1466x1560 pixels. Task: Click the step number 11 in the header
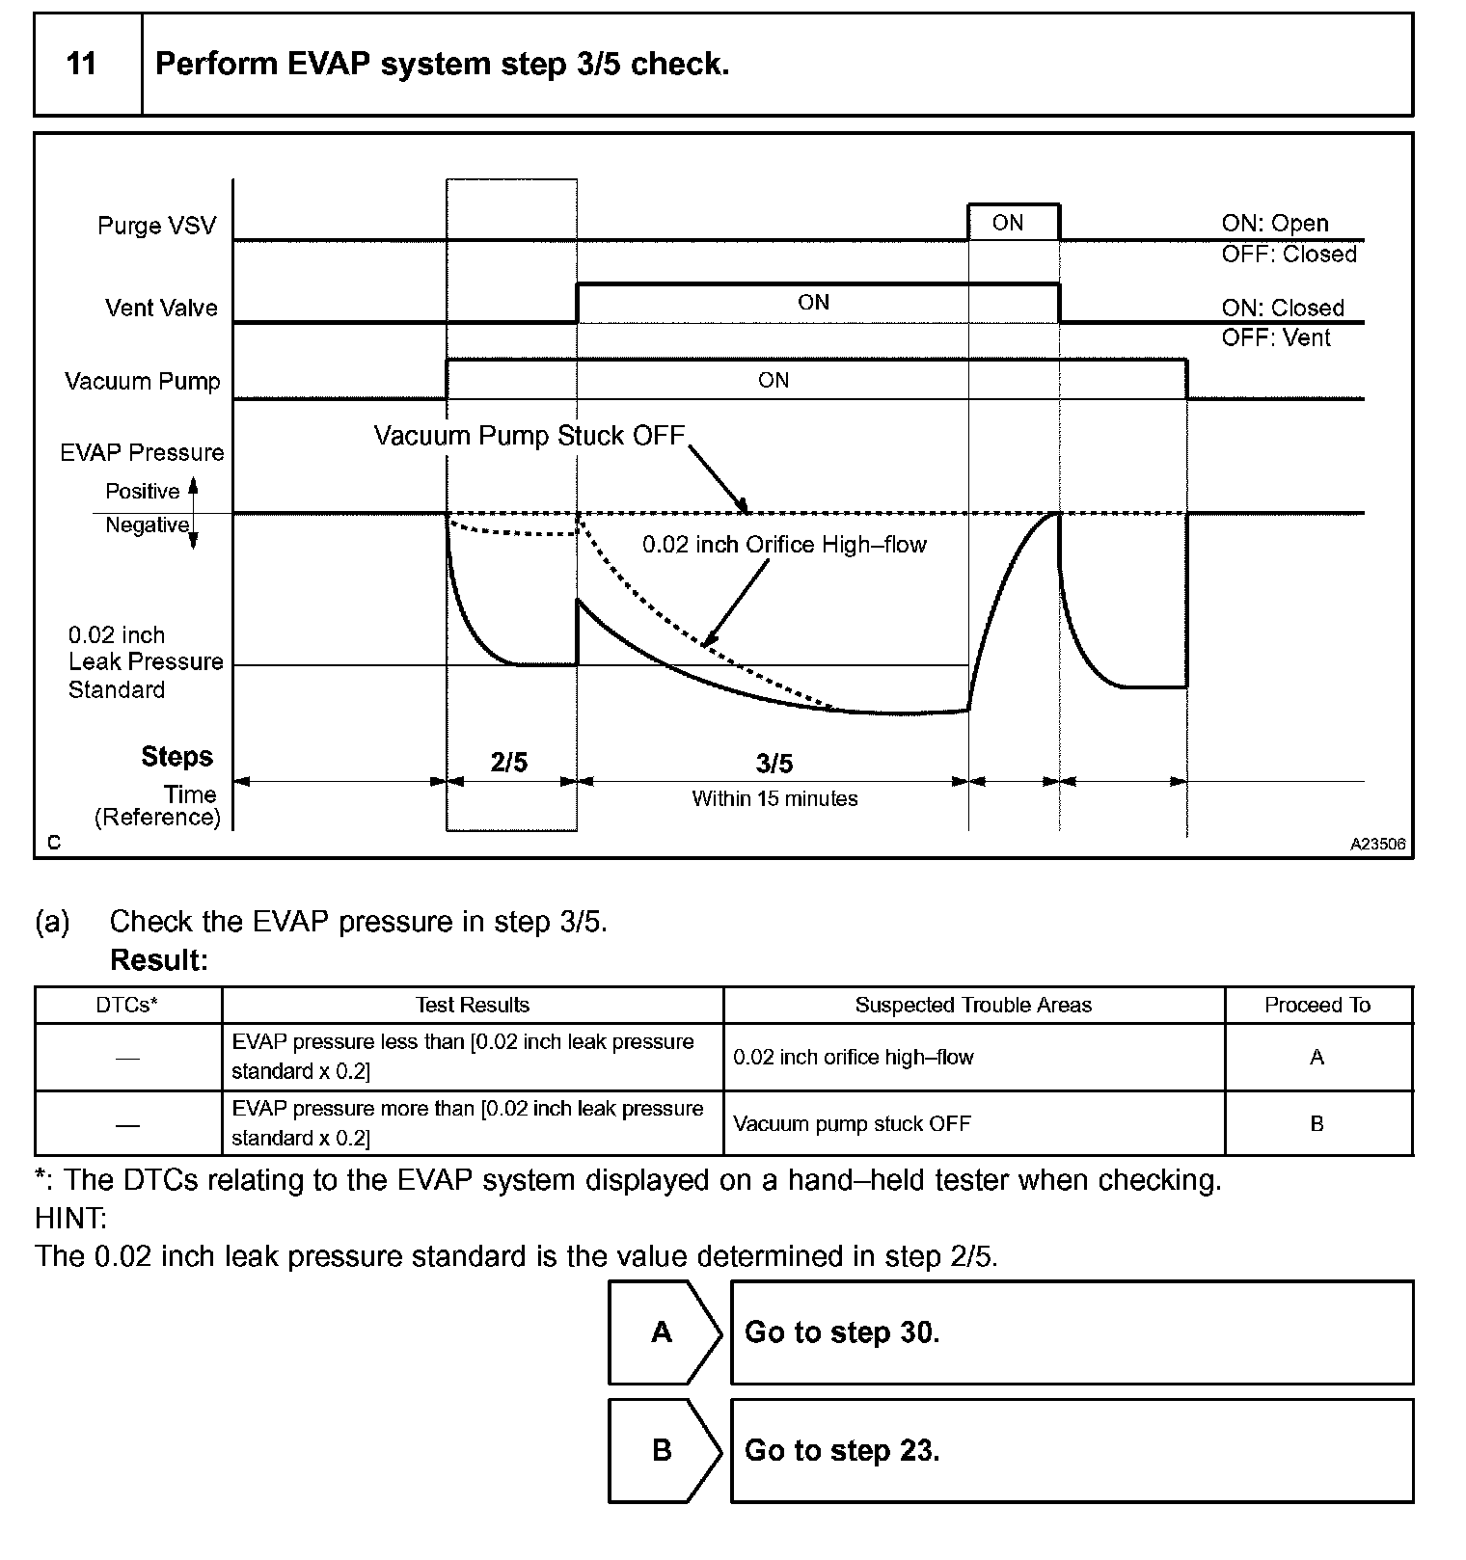coord(82,65)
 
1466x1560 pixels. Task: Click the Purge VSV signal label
coord(156,227)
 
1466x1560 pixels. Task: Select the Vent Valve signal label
coord(161,309)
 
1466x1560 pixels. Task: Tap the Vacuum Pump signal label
coord(143,382)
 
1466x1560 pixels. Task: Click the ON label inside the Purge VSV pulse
coord(1007,224)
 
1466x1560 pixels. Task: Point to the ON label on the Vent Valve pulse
coord(813,303)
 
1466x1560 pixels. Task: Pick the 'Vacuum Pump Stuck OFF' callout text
coord(529,436)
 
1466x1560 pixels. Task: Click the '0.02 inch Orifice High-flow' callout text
coord(784,546)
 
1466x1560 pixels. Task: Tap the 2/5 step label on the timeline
coord(509,764)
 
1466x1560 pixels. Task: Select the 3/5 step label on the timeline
coord(774,765)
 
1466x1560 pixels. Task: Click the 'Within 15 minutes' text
coord(774,799)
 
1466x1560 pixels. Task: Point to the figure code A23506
coord(1377,845)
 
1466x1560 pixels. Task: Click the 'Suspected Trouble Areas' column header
coord(973,1006)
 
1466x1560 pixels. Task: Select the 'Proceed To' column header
coord(1317,1006)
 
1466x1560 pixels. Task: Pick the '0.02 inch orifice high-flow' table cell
coord(854,1058)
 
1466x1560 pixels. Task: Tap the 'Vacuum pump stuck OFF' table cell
coord(852,1124)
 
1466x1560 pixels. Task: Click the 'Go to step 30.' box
coord(1072,1332)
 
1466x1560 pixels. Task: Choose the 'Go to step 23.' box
coord(1072,1451)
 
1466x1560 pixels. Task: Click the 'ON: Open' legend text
coord(1274,224)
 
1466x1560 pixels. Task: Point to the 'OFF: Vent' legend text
coord(1275,338)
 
